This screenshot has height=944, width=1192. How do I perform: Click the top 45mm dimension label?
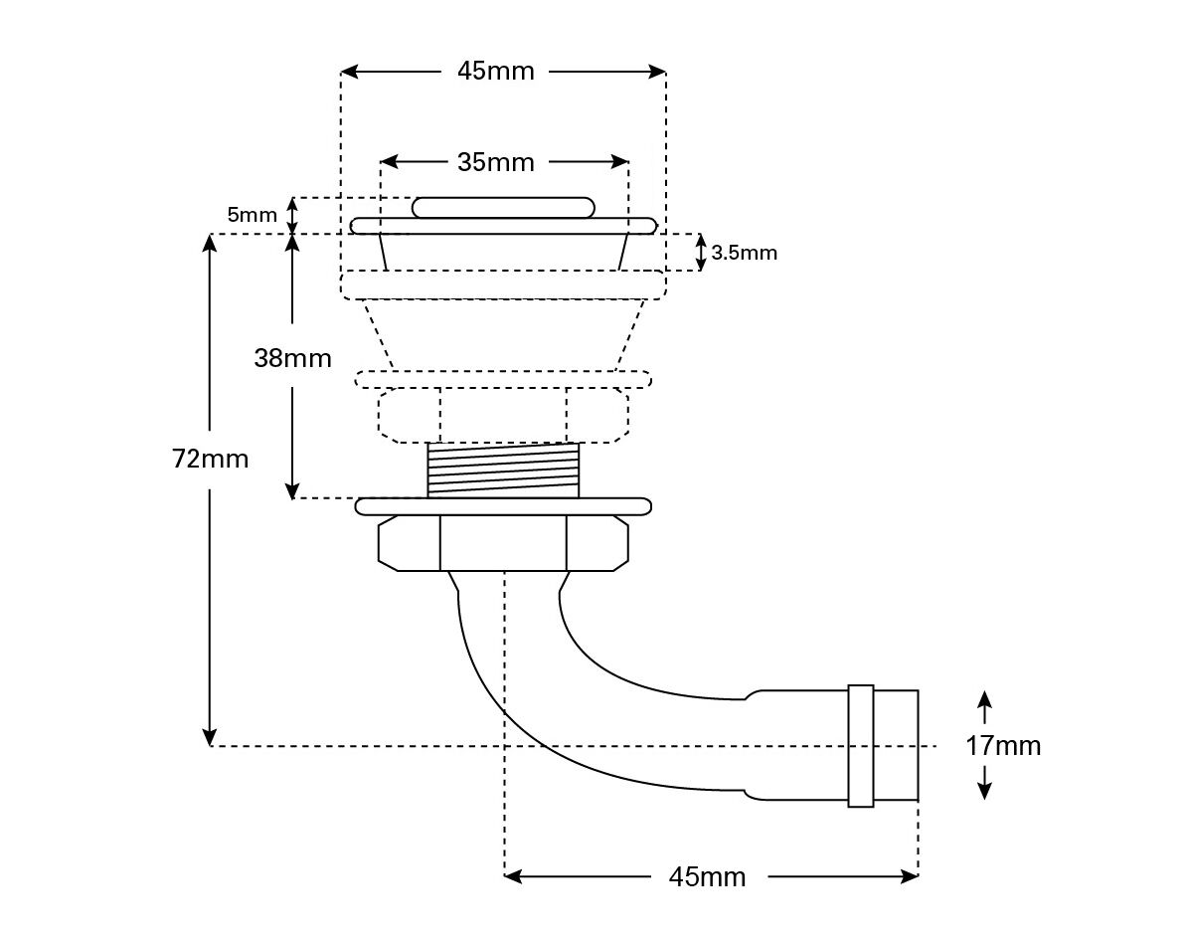[x=496, y=71]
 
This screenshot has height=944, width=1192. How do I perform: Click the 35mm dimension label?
[x=496, y=162]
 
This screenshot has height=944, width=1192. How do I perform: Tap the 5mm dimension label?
[x=252, y=215]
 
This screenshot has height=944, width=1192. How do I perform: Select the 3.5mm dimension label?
[x=745, y=253]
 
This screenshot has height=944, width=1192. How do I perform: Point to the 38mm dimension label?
[x=292, y=357]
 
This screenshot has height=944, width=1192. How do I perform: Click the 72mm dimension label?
[x=211, y=459]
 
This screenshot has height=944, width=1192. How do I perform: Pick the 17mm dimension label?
[x=1003, y=745]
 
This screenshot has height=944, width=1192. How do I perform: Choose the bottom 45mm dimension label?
[x=707, y=877]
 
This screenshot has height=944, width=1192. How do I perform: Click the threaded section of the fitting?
[x=503, y=471]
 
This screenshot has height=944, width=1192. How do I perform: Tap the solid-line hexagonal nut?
[x=503, y=543]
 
